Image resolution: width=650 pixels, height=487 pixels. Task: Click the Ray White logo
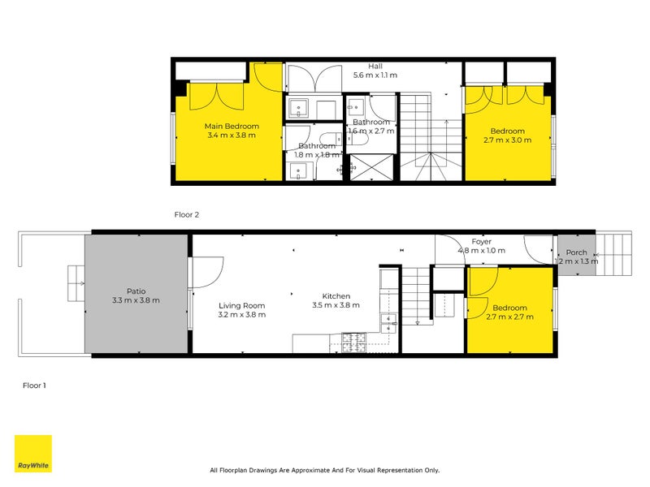coord(33,453)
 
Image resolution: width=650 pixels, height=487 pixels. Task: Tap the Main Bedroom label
coord(232,126)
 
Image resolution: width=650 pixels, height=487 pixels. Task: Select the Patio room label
coord(136,291)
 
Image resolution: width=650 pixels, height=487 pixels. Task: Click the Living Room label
coord(241,306)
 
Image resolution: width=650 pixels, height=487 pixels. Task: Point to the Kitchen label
coord(336,296)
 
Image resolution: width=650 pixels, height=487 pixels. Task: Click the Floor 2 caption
coord(187,214)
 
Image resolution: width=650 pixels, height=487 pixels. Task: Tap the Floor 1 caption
coord(34,386)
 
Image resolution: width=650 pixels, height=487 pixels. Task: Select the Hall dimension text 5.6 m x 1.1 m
coord(375,75)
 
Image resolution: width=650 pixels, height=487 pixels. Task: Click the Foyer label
coord(481,241)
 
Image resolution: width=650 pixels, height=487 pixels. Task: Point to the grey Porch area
coord(577,255)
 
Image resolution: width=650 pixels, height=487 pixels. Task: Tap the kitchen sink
coord(388,323)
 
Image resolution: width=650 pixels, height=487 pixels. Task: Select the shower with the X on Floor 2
coord(371,167)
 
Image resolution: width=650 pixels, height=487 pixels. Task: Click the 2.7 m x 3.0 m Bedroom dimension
coord(507,140)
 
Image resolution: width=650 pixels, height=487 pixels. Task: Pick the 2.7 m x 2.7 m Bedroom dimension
coord(510,317)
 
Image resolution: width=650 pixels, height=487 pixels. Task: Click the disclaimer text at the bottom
coord(324,470)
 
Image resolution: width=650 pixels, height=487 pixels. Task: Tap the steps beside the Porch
coord(614,253)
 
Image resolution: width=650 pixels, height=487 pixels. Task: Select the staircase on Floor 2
coord(431,136)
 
